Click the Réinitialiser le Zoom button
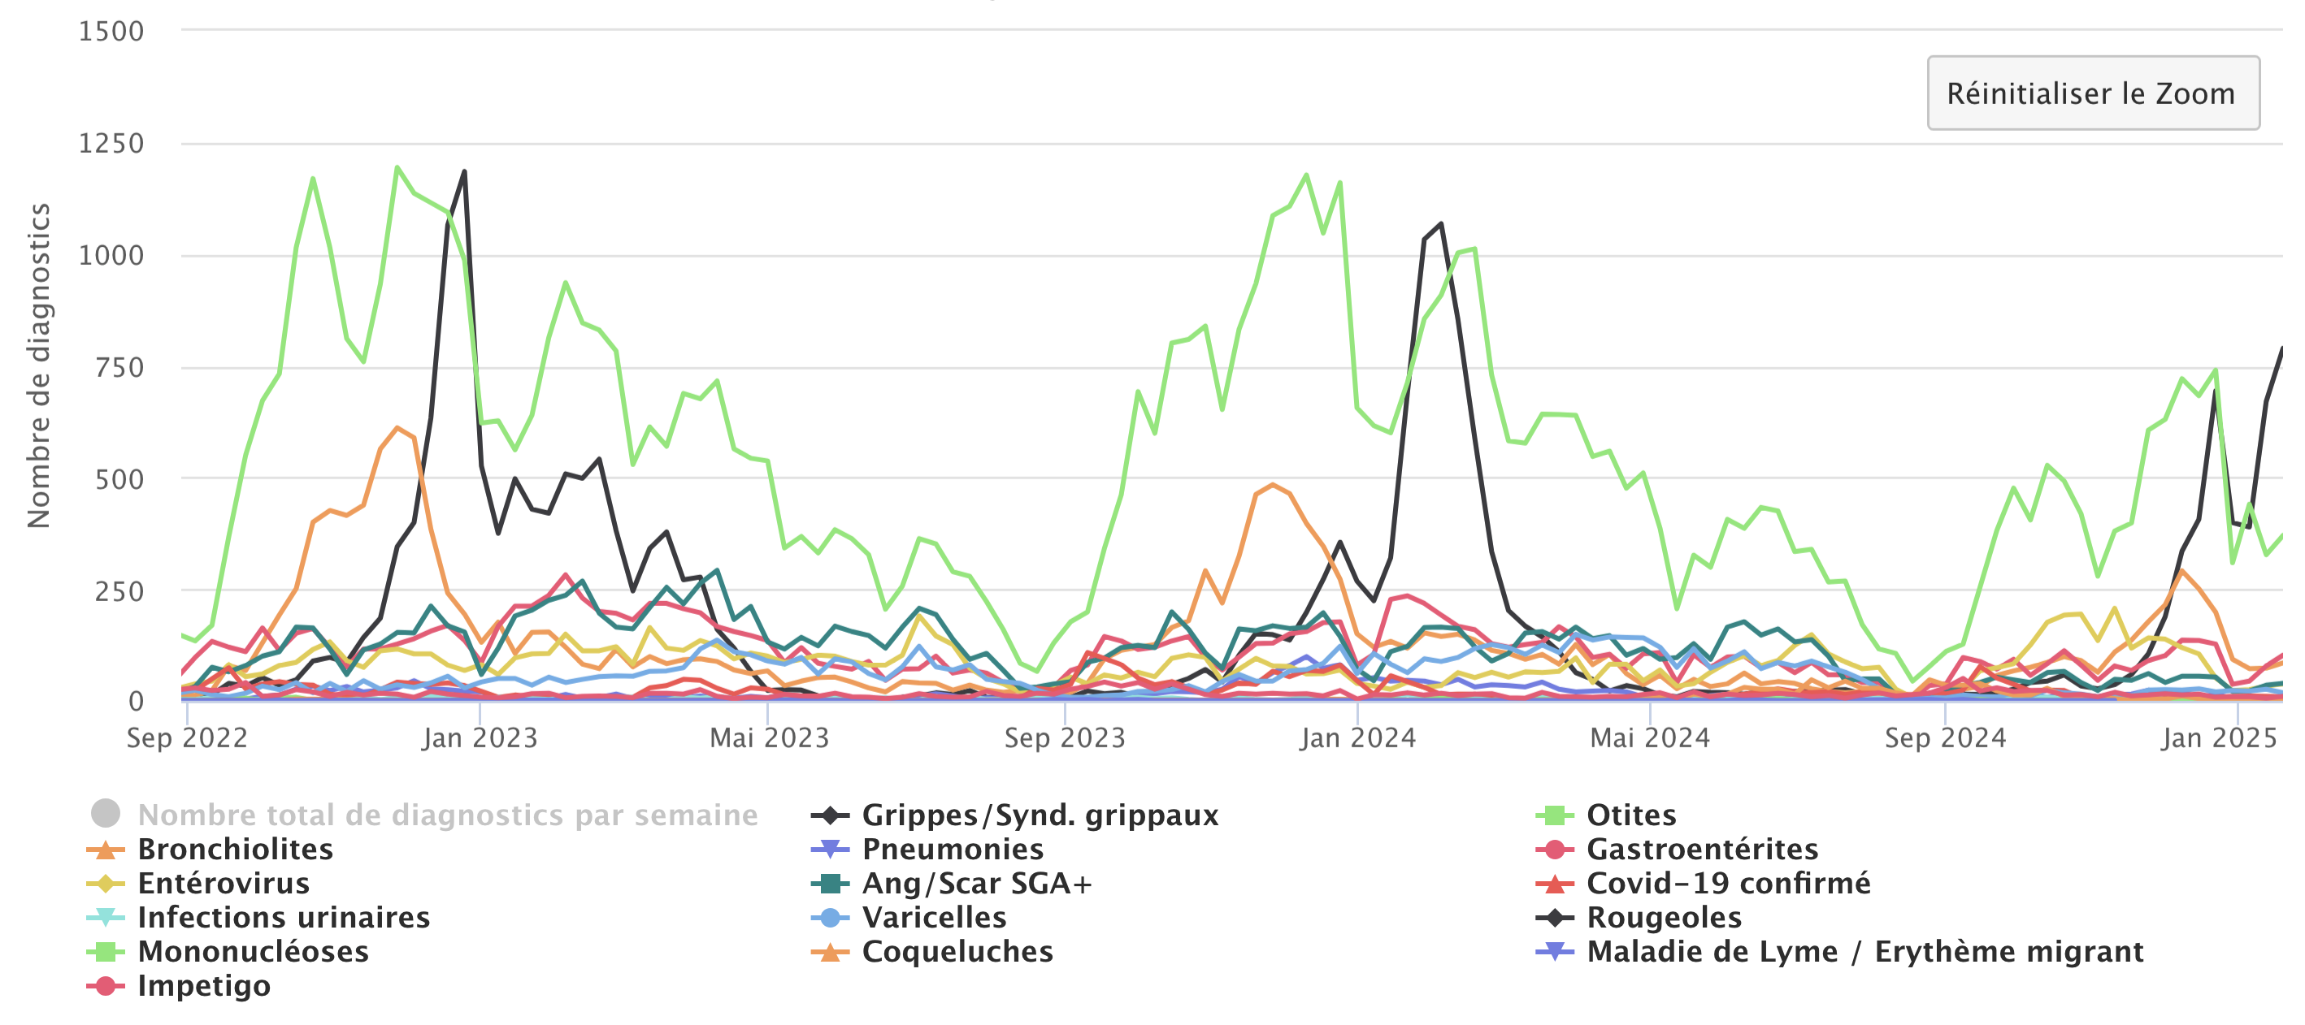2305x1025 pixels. [x=2092, y=93]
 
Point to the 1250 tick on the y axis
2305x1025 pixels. [x=111, y=143]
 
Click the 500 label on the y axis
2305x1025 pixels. [x=119, y=479]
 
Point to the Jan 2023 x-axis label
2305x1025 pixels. [x=480, y=738]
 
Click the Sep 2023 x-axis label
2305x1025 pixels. [x=1064, y=738]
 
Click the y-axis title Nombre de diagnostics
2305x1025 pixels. [x=38, y=365]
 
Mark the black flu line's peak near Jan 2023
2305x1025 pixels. [x=463, y=171]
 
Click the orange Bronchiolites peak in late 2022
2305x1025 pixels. [x=397, y=427]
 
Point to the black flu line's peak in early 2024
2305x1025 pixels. [x=1440, y=223]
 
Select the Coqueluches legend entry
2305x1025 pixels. [x=957, y=951]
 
